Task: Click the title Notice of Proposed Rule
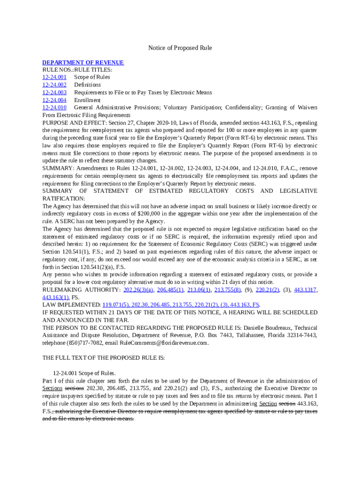tap(180, 48)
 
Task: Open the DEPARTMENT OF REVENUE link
tap(83, 62)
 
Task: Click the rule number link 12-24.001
tap(54, 77)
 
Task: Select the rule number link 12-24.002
tap(54, 85)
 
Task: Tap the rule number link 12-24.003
tap(54, 92)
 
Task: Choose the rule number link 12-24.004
tap(54, 100)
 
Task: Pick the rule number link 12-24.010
tap(54, 107)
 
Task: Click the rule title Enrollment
tap(87, 100)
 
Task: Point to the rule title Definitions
tap(87, 85)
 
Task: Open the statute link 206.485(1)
tap(170, 290)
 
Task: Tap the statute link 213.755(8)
tap(228, 290)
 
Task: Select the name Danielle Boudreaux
tap(257, 327)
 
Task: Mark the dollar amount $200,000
tap(145, 214)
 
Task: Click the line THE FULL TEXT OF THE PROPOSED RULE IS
tap(103, 358)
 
